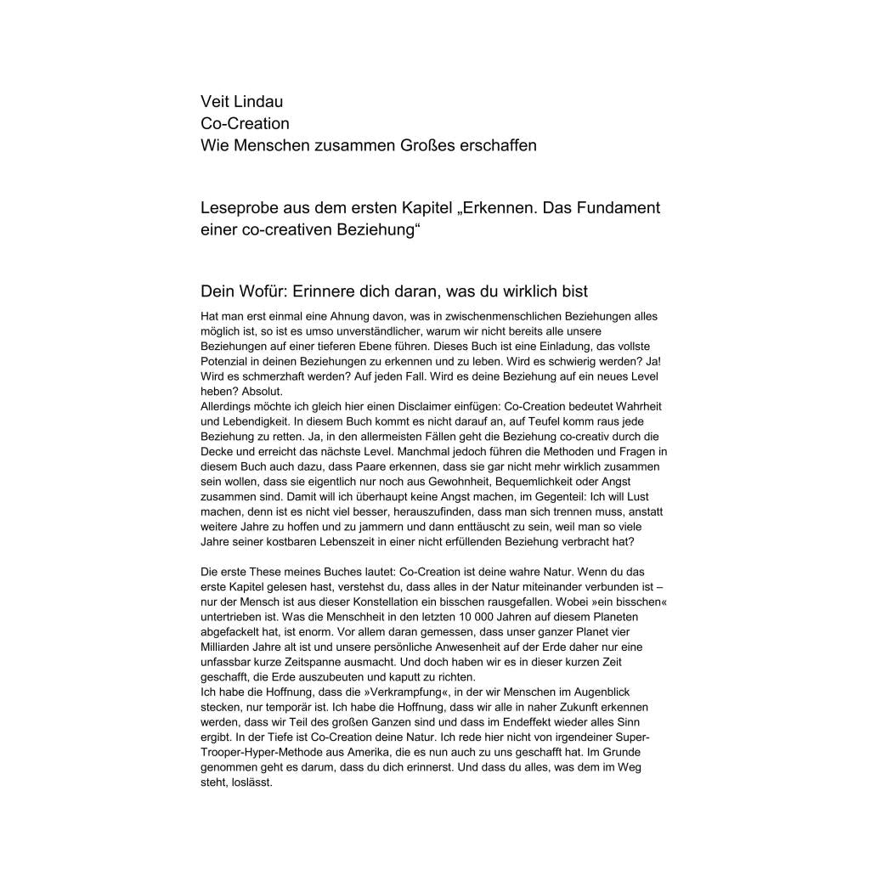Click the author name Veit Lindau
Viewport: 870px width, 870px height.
pyautogui.click(x=242, y=101)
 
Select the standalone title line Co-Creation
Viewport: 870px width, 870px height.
pyautogui.click(x=245, y=123)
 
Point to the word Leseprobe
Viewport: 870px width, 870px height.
pyautogui.click(x=240, y=208)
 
